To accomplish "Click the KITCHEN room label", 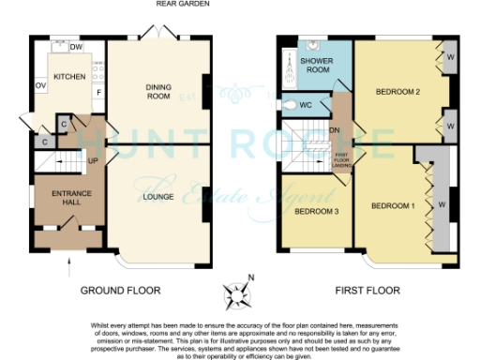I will pos(69,77).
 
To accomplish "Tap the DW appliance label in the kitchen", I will pos(76,47).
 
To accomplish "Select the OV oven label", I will pos(40,85).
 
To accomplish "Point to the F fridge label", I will pos(97,92).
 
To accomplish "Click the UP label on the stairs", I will pos(93,160).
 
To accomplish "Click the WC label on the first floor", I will pos(305,105).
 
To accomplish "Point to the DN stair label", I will pos(334,130).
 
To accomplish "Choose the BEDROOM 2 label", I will pos(397,92).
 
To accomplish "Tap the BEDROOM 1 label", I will pos(392,205).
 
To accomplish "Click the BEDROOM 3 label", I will pos(309,210).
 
